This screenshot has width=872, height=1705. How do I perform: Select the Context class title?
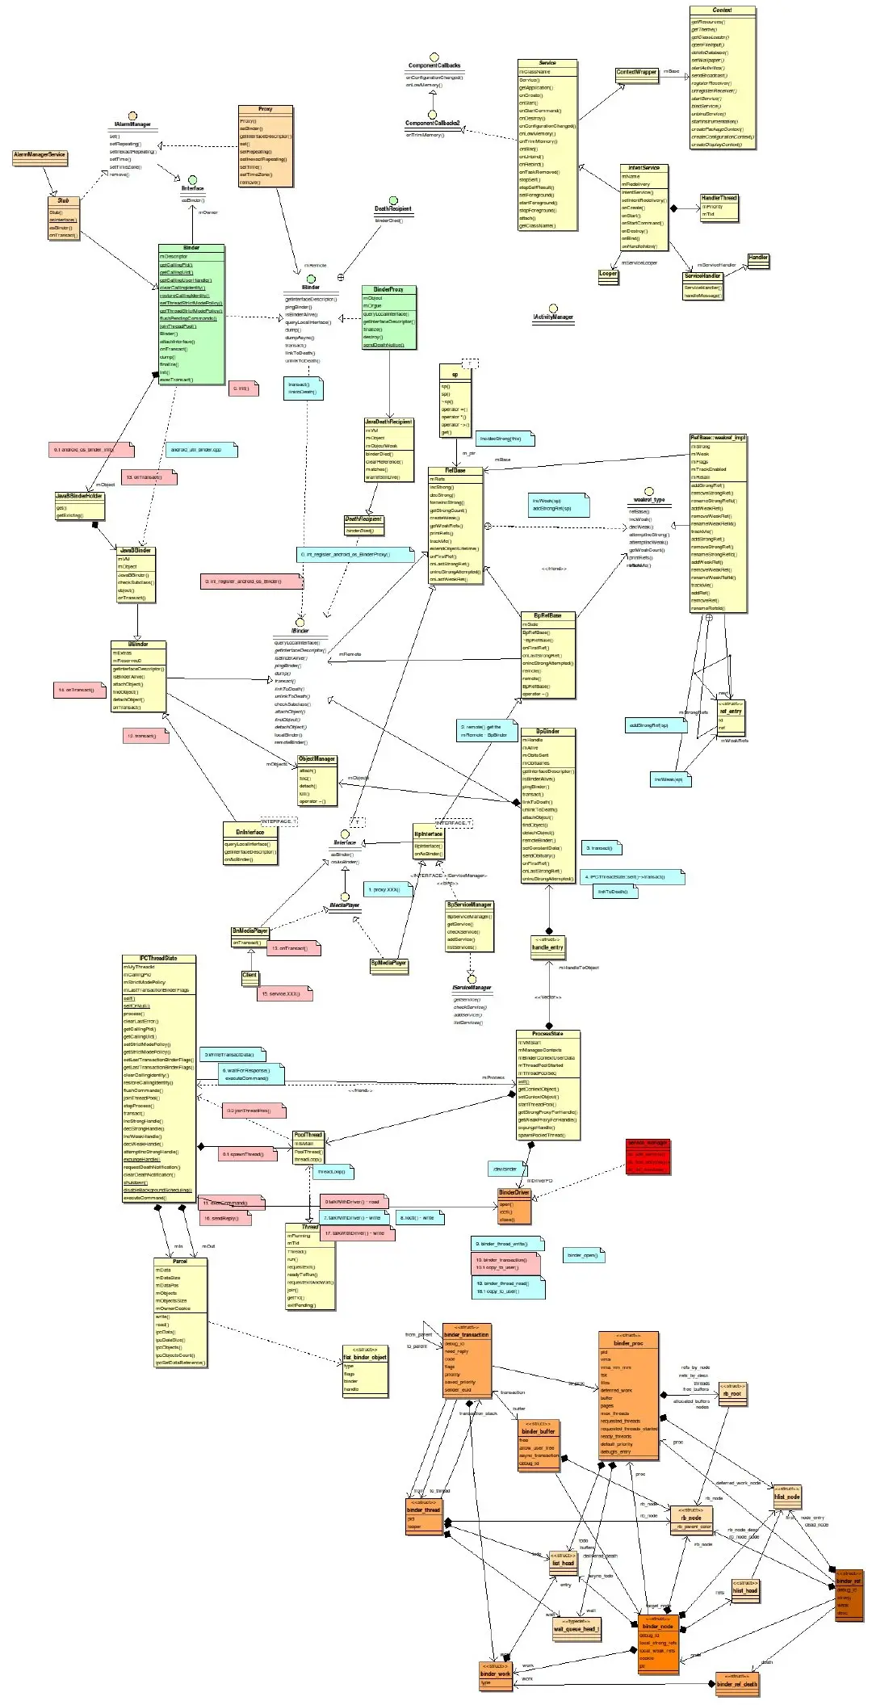tap(723, 10)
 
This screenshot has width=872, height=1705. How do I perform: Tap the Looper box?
tap(608, 274)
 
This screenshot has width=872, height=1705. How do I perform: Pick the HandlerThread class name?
tap(719, 198)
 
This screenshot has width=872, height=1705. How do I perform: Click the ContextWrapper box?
tap(636, 72)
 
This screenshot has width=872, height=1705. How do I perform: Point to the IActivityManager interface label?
tap(553, 317)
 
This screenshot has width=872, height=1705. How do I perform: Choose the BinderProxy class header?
tap(388, 289)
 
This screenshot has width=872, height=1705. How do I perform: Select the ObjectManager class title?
tap(317, 759)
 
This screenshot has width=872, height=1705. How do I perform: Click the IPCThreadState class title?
tap(158, 959)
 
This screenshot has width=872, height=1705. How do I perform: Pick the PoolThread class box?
tap(308, 1147)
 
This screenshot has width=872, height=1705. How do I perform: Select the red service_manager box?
tap(648, 1157)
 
